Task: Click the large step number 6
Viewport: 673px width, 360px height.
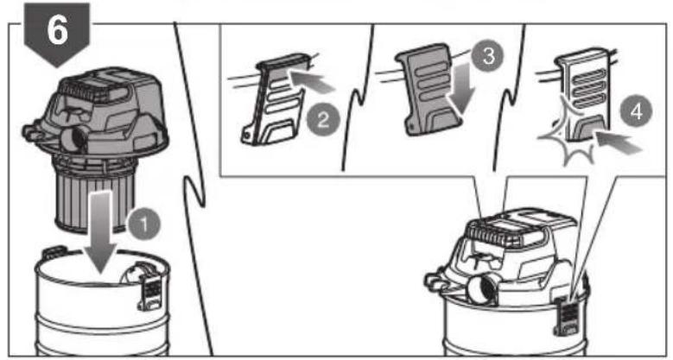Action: click(57, 30)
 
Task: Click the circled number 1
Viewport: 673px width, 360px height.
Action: click(144, 224)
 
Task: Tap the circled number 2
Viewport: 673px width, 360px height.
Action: click(323, 119)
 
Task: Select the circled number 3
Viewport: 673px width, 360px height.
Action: click(488, 56)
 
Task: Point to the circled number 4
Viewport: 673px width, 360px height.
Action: click(636, 111)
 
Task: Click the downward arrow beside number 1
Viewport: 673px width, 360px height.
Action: click(101, 231)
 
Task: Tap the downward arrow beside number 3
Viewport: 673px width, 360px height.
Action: click(461, 94)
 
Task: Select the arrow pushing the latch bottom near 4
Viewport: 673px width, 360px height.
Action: click(618, 143)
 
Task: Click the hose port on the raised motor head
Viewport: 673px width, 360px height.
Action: click(75, 140)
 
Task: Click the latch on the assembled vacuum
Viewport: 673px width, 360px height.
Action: click(564, 315)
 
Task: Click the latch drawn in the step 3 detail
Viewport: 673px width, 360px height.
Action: click(429, 89)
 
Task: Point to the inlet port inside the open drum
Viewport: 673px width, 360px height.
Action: click(134, 274)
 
